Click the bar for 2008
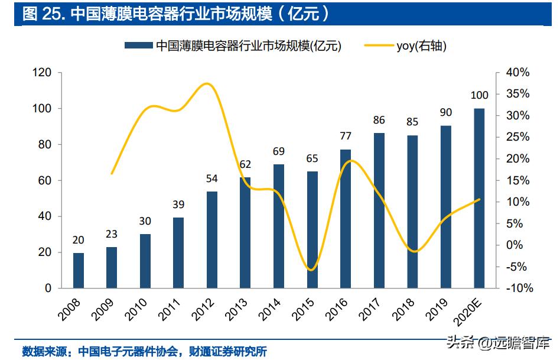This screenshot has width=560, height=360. point(79,270)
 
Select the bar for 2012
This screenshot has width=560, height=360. point(212,239)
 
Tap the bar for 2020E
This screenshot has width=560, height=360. point(479,198)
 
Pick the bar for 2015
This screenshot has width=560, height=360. point(312,229)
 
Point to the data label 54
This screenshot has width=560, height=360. point(212,179)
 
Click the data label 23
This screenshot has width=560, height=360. point(112,234)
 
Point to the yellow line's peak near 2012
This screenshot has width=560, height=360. point(206,83)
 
